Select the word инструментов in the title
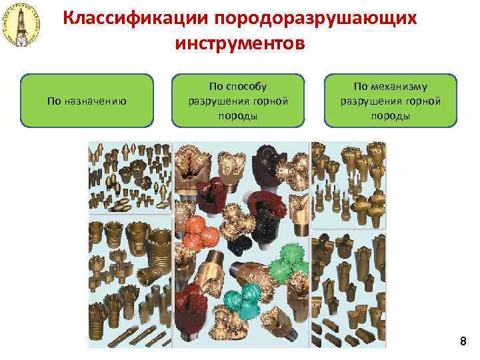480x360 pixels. [240, 43]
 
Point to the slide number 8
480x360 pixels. [463, 342]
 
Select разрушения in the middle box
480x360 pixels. [213, 101]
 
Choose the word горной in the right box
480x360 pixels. [417, 101]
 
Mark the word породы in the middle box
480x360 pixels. [238, 115]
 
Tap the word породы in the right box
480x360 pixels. [391, 115]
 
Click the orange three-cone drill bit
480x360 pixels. [200, 233]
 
